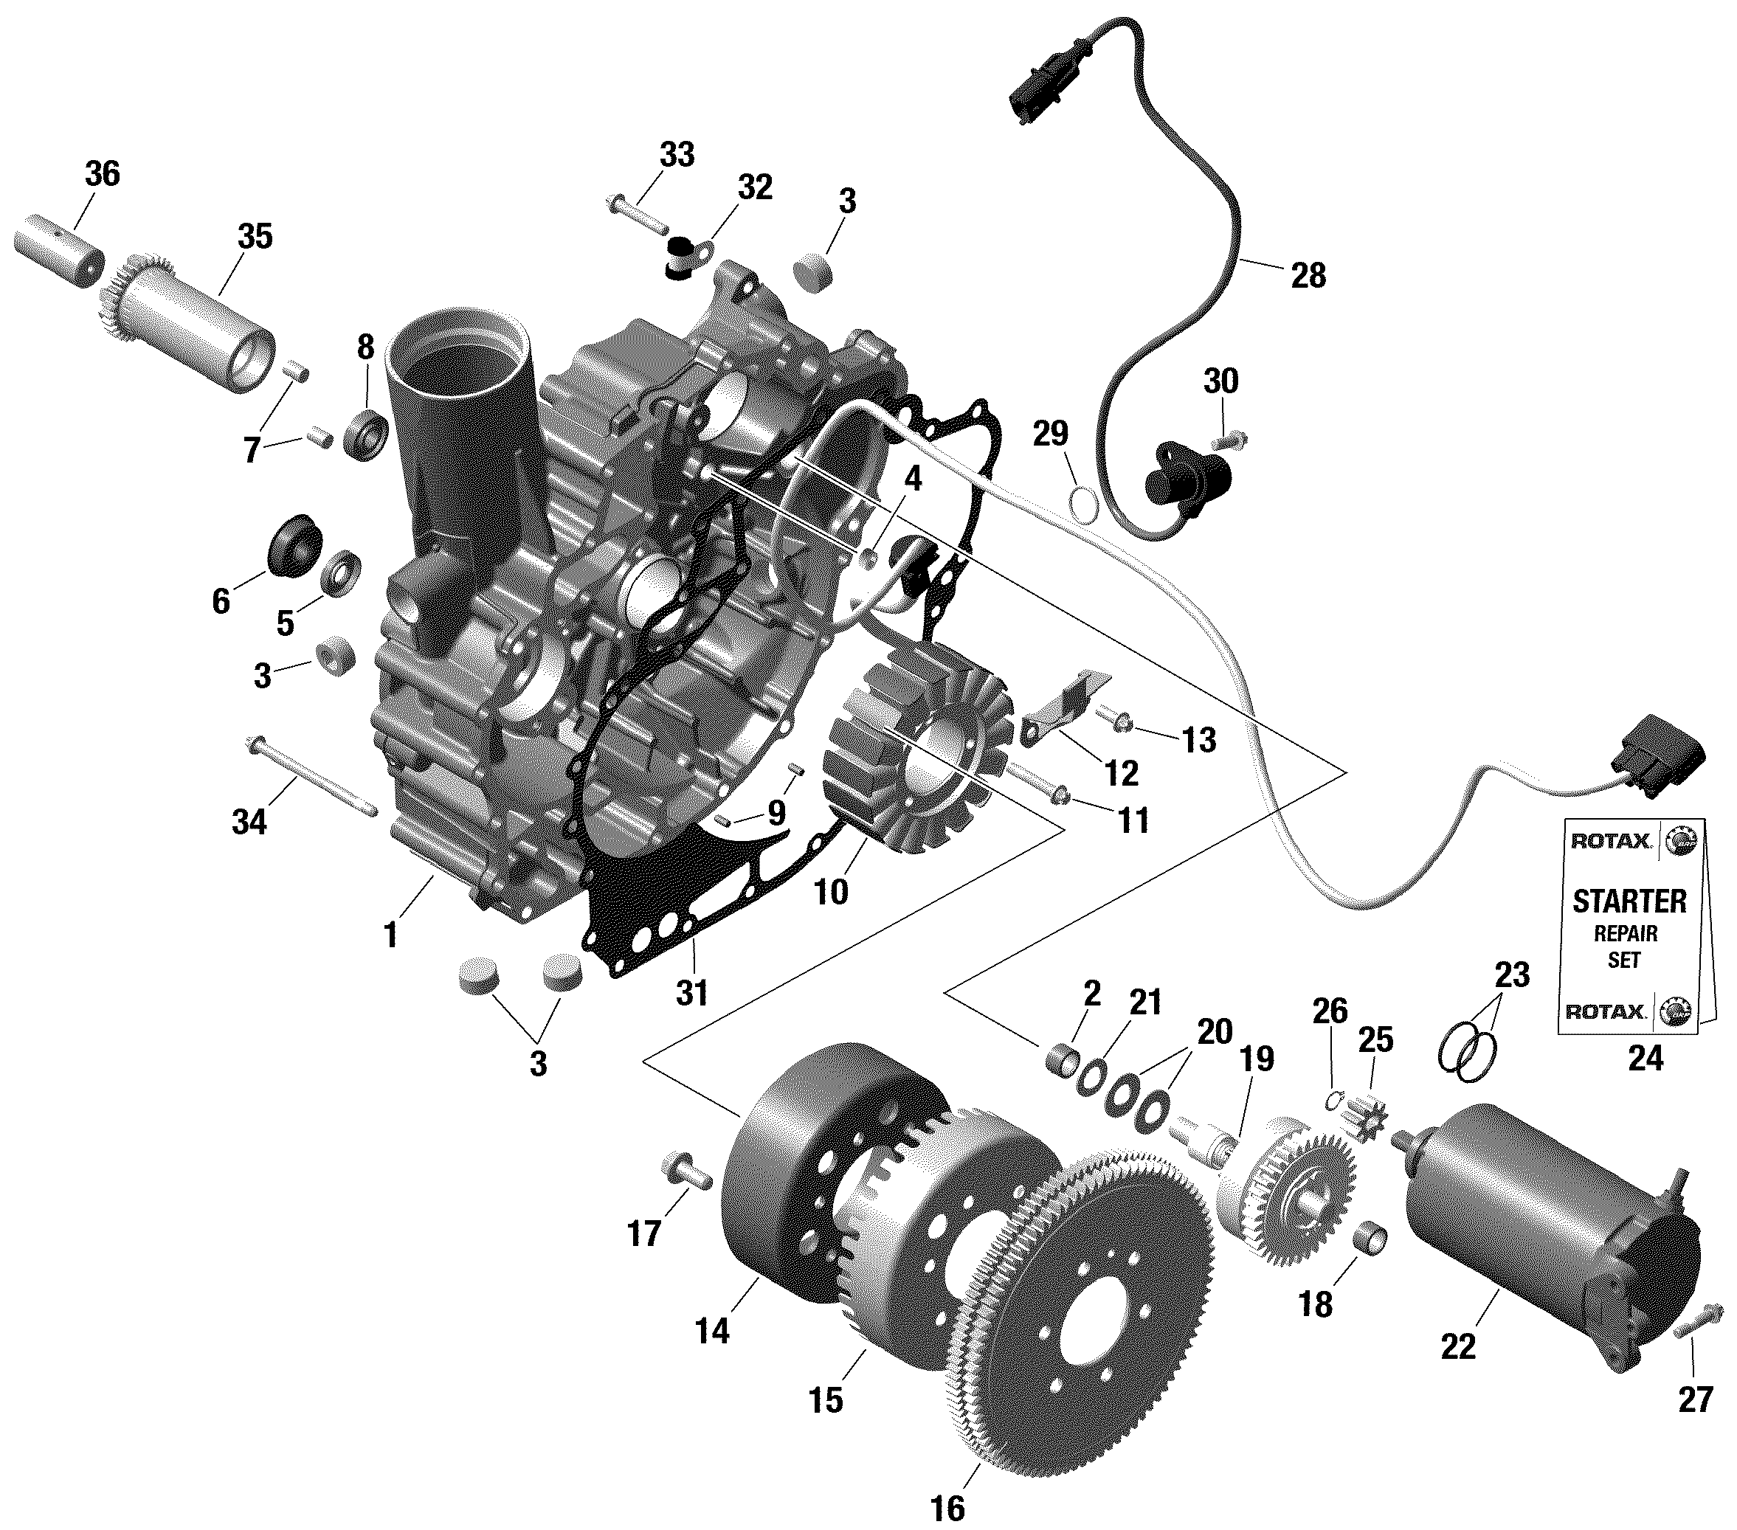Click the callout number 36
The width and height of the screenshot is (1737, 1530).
coord(102,173)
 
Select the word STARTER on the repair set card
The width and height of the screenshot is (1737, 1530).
coord(1629,901)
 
